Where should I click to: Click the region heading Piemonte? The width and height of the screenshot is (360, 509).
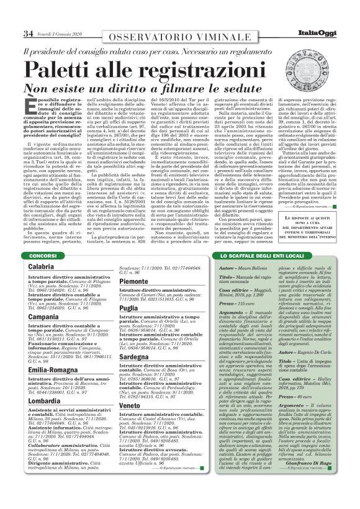134,281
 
